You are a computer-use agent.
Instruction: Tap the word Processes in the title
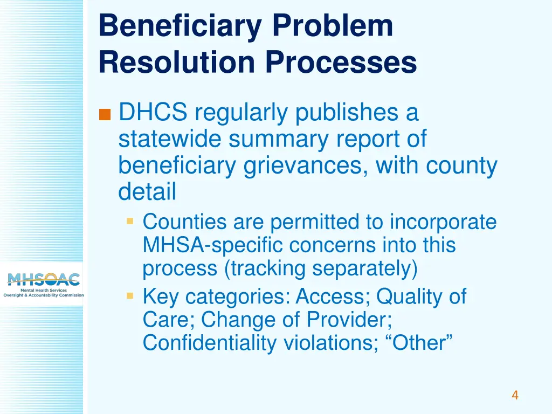pyautogui.click(x=340, y=62)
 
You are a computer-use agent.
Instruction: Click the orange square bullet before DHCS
pyautogui.click(x=105, y=114)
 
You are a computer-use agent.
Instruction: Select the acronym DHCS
pyautogui.click(x=153, y=113)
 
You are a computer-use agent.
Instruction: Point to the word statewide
pyautogui.click(x=170, y=139)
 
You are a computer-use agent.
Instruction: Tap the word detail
pyautogui.click(x=147, y=191)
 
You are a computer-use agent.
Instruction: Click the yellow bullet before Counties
pyautogui.click(x=130, y=221)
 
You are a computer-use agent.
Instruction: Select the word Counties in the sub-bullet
pyautogui.click(x=177, y=222)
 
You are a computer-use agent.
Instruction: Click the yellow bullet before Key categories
pyautogui.click(x=130, y=296)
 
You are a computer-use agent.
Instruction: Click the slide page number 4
pyautogui.click(x=515, y=395)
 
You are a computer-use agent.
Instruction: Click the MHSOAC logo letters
pyautogui.click(x=44, y=279)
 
